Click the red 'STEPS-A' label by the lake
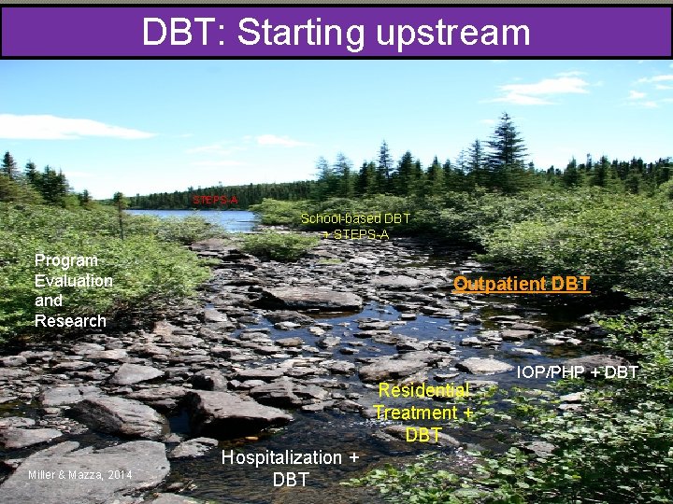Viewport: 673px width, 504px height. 215,200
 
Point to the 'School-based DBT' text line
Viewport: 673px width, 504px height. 355,218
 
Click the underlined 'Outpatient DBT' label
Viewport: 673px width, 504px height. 521,284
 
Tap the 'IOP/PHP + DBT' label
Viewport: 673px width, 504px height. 577,373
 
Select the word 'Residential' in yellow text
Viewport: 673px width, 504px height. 424,390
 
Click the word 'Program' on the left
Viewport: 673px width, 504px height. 65,260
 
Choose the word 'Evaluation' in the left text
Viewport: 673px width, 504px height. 73,280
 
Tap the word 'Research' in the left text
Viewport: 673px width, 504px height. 70,320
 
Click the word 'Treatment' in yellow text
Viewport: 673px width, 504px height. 416,412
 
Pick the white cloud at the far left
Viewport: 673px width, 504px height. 65,127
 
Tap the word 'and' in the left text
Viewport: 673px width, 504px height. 49,301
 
